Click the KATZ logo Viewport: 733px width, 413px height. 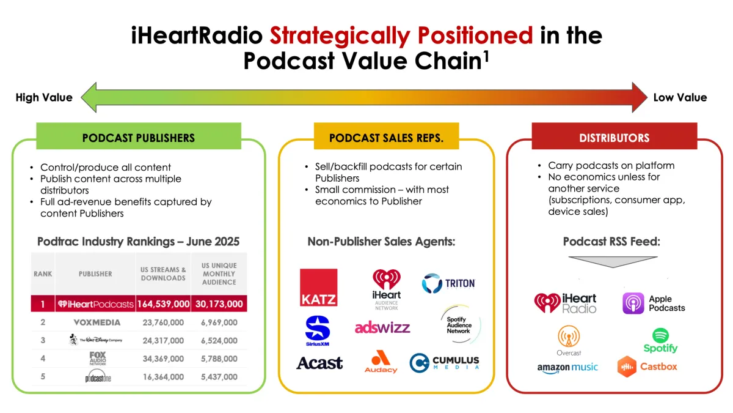[x=318, y=288]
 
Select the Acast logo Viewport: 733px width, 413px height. [x=319, y=363]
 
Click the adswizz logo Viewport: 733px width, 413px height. [x=382, y=327]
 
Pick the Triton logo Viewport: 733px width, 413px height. [x=448, y=283]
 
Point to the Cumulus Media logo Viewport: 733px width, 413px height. [x=444, y=362]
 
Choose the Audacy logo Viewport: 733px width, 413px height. [x=381, y=362]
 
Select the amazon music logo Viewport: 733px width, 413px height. [x=567, y=368]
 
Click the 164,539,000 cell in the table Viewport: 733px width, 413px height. [x=163, y=304]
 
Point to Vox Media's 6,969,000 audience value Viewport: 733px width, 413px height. [x=219, y=322]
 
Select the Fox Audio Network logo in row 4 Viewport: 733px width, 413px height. [x=97, y=359]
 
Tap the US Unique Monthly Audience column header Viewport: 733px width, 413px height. [x=219, y=274]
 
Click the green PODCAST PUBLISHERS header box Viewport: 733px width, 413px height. [x=139, y=136]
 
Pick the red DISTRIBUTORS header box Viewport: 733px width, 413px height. [x=614, y=138]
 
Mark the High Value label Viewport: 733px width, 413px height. [x=44, y=97]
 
